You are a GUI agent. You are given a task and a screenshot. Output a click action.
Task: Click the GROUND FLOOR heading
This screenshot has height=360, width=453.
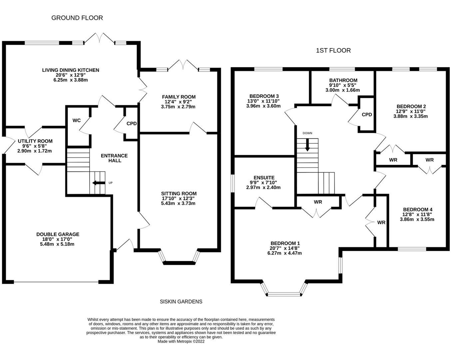pos(77,18)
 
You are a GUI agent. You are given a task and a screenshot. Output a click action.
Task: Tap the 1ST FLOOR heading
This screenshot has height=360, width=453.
pos(333,51)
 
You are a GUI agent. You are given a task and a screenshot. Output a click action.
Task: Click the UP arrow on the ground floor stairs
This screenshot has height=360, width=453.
pos(99,183)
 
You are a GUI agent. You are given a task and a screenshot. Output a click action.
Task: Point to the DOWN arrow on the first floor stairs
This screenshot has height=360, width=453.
pos(307,145)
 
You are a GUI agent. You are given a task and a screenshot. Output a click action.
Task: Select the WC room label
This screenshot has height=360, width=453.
pos(76,120)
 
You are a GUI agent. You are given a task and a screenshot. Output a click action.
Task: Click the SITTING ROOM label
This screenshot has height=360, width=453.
pos(179,194)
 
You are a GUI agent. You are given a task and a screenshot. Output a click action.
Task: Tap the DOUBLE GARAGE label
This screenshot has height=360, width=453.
pos(58,234)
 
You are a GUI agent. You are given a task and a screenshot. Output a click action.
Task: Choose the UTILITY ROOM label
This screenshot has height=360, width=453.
pos(35,141)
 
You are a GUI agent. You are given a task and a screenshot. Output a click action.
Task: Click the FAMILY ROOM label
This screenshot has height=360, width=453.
pos(179,97)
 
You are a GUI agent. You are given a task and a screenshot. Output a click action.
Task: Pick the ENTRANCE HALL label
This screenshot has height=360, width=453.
pos(114,158)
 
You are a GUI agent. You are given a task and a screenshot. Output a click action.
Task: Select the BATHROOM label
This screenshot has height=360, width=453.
pos(343,80)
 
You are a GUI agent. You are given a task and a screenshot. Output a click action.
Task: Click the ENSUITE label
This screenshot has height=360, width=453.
pos(264,178)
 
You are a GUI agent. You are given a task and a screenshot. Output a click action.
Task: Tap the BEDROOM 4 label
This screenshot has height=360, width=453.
pos(418,210)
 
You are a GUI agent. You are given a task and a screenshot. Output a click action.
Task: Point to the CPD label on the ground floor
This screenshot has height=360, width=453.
pos(132,123)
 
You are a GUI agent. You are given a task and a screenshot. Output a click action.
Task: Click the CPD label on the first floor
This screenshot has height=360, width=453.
pos(367,115)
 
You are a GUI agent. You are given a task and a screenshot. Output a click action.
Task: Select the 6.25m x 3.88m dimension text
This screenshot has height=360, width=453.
pos(71,80)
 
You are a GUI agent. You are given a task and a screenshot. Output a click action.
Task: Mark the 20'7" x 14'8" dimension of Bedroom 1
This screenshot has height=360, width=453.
pos(284,248)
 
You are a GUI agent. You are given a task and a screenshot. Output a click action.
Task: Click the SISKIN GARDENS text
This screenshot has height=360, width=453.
pos(181,302)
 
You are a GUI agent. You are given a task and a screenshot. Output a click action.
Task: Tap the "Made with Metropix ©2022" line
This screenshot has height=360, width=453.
pos(181,341)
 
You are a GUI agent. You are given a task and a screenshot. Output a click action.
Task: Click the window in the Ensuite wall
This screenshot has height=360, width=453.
pos(232,183)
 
